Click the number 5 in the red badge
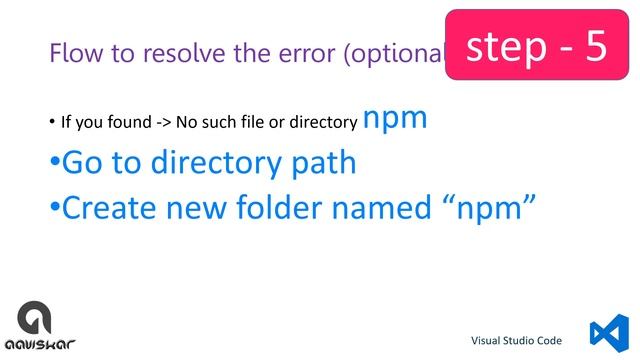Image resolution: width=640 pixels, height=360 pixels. (x=596, y=46)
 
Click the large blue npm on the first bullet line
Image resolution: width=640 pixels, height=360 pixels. (x=395, y=118)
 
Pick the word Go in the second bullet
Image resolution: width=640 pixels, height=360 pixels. (x=83, y=162)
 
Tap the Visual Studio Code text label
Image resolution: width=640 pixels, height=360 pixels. (x=523, y=340)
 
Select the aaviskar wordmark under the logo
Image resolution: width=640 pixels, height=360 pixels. (x=41, y=346)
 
